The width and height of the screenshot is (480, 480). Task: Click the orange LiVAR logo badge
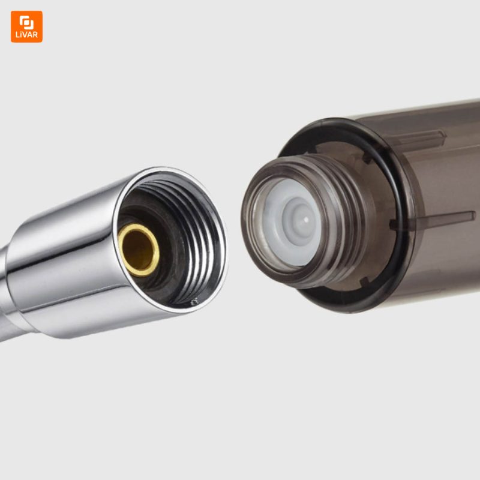[26, 26]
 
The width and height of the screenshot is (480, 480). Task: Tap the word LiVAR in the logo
[26, 35]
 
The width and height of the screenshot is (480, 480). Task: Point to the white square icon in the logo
[26, 22]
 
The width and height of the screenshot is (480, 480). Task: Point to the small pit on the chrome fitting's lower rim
[193, 303]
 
